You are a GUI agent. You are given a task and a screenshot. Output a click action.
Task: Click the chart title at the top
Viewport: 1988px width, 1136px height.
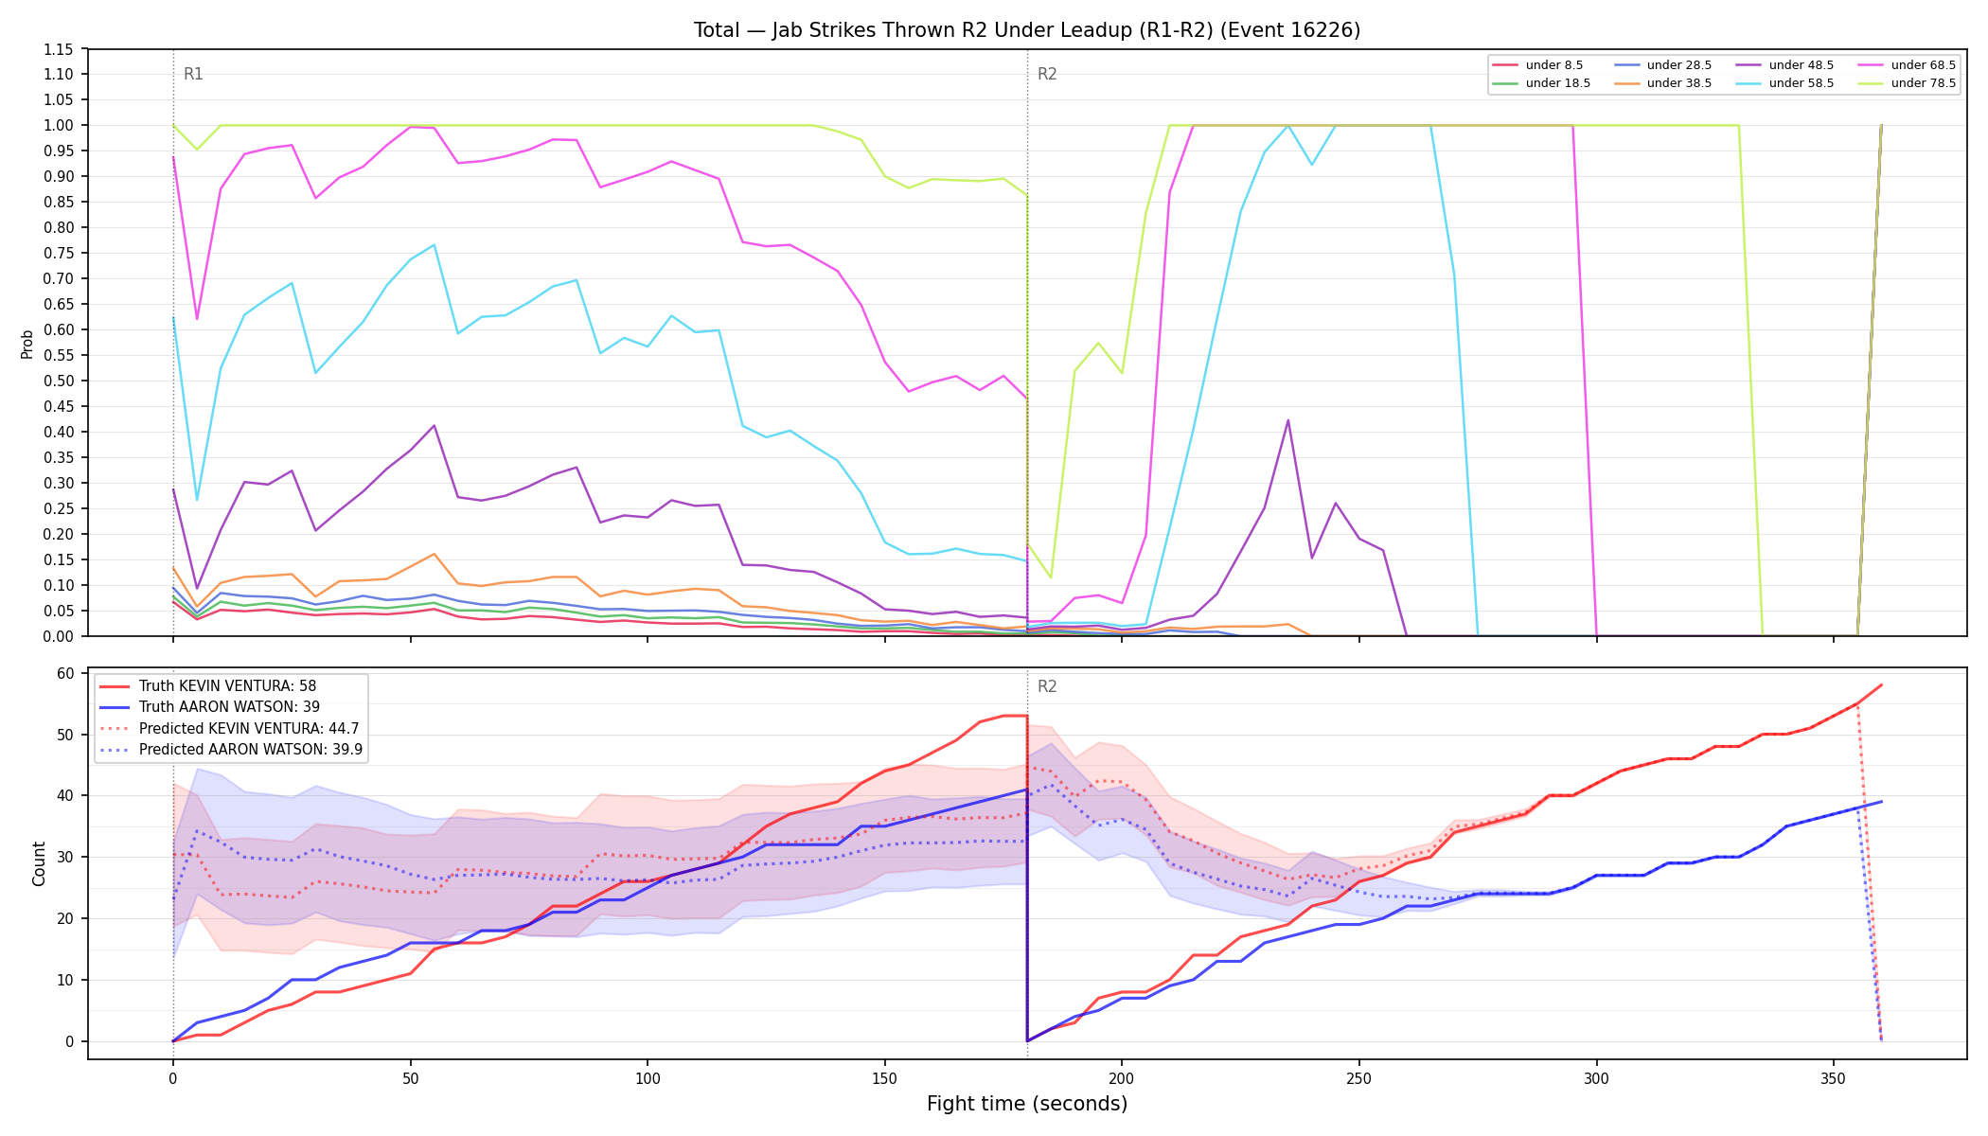point(1027,30)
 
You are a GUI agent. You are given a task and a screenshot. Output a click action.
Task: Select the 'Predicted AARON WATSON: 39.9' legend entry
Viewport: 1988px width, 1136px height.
point(231,749)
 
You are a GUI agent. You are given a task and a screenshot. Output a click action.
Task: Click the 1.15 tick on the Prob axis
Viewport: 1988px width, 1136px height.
point(59,49)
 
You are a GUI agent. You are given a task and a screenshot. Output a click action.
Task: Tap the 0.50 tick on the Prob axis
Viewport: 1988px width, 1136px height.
point(59,381)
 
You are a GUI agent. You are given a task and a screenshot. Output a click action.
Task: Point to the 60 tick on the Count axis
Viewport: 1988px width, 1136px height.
point(65,674)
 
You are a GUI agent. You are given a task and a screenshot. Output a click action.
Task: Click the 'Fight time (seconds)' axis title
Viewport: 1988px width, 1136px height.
point(1027,1104)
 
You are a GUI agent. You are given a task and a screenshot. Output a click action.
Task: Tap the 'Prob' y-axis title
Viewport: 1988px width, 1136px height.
point(27,344)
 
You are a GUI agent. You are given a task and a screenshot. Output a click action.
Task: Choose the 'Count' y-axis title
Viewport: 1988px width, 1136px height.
point(39,863)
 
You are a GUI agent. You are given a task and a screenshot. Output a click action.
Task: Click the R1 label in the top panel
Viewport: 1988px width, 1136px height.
point(193,74)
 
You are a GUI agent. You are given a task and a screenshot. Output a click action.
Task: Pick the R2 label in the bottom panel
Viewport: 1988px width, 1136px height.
point(1047,686)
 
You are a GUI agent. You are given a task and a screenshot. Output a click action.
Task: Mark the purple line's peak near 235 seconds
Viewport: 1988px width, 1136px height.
point(1287,420)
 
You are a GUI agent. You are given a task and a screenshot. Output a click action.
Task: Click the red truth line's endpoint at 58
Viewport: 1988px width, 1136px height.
point(1881,684)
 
